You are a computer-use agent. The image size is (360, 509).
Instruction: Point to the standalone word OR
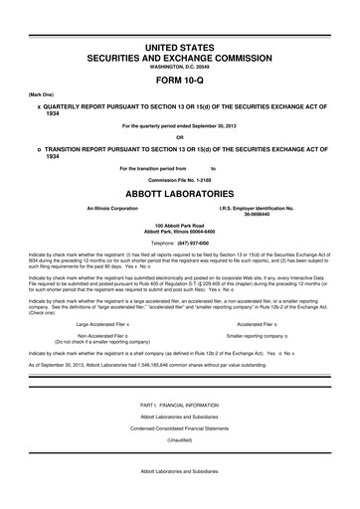pyautogui.click(x=180, y=136)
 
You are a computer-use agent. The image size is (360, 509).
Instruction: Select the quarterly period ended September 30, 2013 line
pyautogui.click(x=180, y=125)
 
